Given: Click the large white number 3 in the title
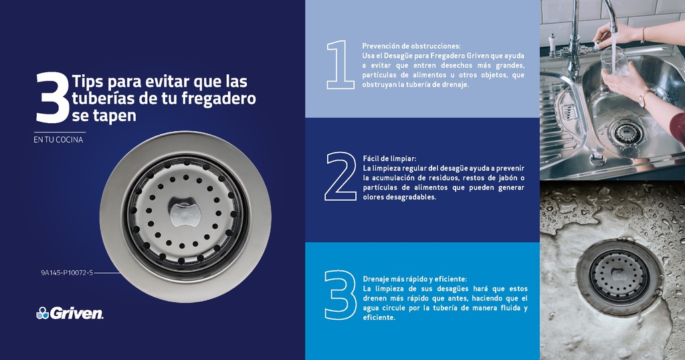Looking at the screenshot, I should [x=52, y=99].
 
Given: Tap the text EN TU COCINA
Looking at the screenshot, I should [x=59, y=140].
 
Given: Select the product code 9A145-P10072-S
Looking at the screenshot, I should [x=66, y=273].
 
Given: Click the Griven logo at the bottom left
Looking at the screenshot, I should [x=70, y=313].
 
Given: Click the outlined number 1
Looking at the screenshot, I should [x=340, y=65].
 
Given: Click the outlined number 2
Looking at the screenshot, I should [x=340, y=177].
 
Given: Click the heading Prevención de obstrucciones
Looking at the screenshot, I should [x=411, y=46].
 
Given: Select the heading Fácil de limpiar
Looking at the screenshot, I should [x=389, y=159].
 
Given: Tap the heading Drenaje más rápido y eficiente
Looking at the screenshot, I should [x=415, y=279].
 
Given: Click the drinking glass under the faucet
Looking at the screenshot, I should [x=613, y=61].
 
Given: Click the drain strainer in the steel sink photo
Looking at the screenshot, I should [x=626, y=132].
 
